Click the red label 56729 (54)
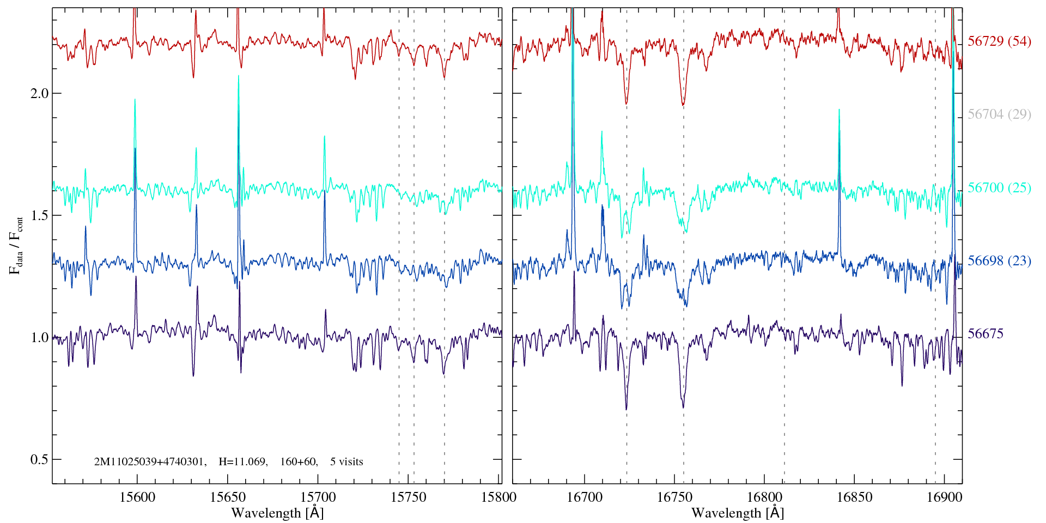[999, 41]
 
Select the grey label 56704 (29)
[999, 114]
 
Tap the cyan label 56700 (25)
[999, 188]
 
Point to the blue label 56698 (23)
[999, 261]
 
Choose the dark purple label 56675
[986, 334]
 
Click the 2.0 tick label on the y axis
[39, 93]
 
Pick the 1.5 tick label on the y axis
[39, 215]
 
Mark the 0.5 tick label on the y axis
[39, 459]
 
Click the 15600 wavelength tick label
[137, 497]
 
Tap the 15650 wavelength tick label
[228, 497]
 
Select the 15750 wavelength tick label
[409, 497]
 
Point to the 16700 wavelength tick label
[585, 497]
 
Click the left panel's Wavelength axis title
[277, 513]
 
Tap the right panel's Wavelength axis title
[738, 513]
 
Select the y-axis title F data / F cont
[16, 245]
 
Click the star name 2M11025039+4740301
[150, 462]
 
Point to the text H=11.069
[242, 462]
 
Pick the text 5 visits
[346, 462]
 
